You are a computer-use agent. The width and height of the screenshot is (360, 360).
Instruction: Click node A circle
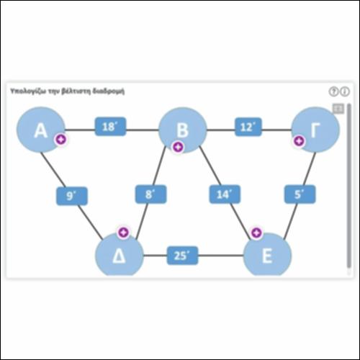[x=41, y=130]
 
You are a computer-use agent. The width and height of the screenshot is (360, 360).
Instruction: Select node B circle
[x=183, y=130]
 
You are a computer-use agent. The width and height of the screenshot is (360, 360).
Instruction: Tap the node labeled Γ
[x=315, y=130]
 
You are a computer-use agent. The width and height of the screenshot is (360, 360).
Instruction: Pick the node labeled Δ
[x=120, y=255]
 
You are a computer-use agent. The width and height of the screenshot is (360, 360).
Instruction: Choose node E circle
[x=267, y=255]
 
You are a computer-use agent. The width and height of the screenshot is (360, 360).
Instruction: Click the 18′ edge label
[x=110, y=127]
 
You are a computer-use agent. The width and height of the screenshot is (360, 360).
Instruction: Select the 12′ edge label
[x=248, y=127]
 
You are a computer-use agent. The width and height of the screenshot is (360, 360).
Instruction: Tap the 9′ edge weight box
[x=72, y=196]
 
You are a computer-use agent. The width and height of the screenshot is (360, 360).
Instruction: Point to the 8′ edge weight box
[x=150, y=194]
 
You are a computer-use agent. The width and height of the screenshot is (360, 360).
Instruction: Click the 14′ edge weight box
[x=225, y=194]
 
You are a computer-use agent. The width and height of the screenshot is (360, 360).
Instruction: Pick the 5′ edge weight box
[x=300, y=194]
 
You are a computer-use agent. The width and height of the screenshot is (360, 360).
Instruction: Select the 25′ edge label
[x=182, y=256]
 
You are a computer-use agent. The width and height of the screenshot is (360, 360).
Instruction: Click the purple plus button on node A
[x=61, y=140]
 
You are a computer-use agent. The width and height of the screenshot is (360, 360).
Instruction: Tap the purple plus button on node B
[x=178, y=147]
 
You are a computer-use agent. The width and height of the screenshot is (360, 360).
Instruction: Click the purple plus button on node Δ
[x=124, y=233]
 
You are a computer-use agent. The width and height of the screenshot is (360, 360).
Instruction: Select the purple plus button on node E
[x=256, y=233]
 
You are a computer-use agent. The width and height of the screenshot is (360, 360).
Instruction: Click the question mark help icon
[x=333, y=91]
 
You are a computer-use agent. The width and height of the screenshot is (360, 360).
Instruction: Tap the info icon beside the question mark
[x=345, y=91]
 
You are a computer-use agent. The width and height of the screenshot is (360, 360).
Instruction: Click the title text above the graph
[x=68, y=91]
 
